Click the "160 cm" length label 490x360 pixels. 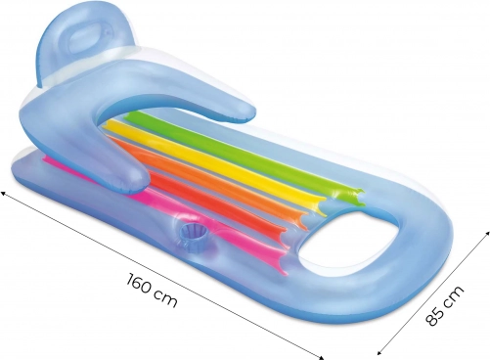tap(152, 291)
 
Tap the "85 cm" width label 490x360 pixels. tap(444, 305)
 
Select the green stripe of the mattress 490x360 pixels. tap(245, 154)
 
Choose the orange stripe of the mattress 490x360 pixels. tap(208, 176)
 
